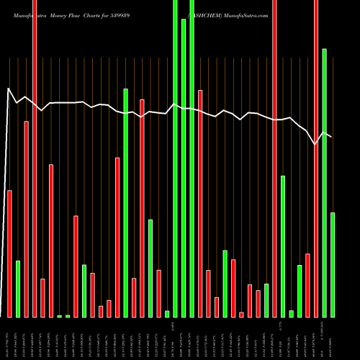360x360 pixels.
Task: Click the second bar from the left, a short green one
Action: click(18, 289)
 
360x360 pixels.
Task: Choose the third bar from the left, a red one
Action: click(27, 219)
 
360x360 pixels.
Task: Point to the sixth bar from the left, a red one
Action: click(51, 240)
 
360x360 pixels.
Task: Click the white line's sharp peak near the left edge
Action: click(9, 89)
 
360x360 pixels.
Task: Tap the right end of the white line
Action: click(331, 136)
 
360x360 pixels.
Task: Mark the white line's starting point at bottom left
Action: click(3, 316)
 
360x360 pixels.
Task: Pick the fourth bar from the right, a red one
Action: click(307, 285)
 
